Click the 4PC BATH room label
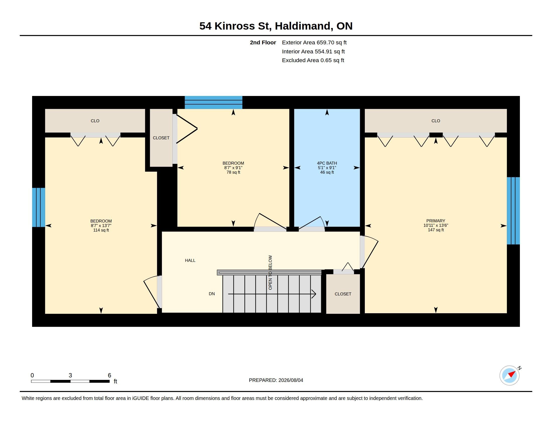[x=327, y=163]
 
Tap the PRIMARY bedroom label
[x=436, y=221]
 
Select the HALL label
[x=190, y=260]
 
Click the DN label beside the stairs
[x=212, y=294]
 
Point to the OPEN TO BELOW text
[x=270, y=273]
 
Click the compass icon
[x=510, y=376]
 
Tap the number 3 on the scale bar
[x=70, y=375]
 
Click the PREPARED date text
[x=276, y=380]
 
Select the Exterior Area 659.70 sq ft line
[x=314, y=42]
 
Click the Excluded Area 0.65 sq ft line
[x=313, y=60]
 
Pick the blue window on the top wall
[x=214, y=102]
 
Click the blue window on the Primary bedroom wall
[x=513, y=211]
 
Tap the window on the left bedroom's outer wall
[x=39, y=207]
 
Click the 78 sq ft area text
[x=233, y=172]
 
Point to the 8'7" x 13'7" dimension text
[x=101, y=226]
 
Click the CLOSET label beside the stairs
[x=343, y=294]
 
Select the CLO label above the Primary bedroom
[x=436, y=121]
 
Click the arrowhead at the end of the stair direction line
[x=314, y=294]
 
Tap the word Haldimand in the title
[x=302, y=26]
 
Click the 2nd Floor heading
[x=263, y=42]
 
